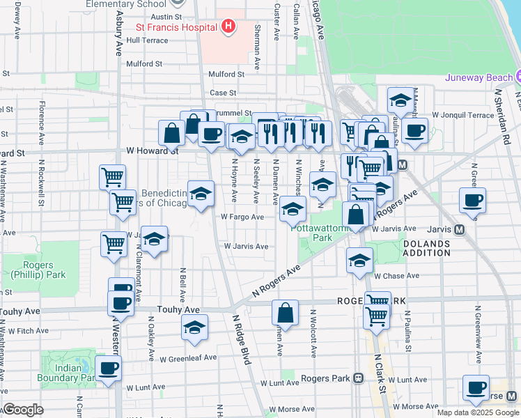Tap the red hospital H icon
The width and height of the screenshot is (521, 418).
[x=227, y=27]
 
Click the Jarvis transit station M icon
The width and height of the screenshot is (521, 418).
[x=460, y=229]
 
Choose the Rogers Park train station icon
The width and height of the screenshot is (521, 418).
[x=359, y=378]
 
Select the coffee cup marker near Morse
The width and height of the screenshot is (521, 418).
[x=476, y=389]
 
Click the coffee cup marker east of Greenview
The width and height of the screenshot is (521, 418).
[x=472, y=200]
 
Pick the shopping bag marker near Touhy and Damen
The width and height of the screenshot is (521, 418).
[x=285, y=311]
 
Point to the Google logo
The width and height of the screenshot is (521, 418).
[x=23, y=410]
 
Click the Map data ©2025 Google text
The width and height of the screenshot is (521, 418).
[x=477, y=412]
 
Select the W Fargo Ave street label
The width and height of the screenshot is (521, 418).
[x=242, y=217]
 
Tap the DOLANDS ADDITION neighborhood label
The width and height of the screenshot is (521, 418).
[x=426, y=248]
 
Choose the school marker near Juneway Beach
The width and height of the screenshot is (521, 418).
[x=401, y=102]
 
